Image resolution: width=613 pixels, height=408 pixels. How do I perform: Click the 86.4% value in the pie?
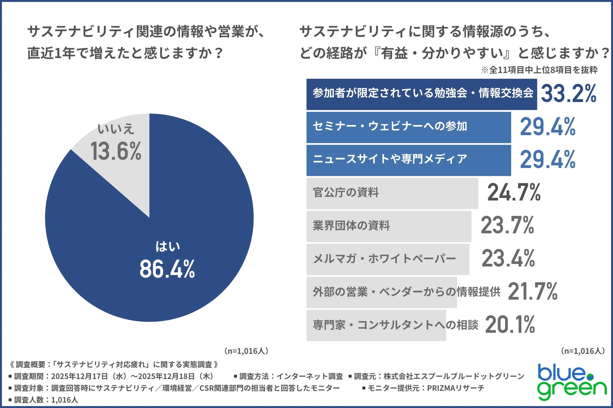click(167, 269)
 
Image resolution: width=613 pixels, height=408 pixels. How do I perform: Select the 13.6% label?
click(116, 151)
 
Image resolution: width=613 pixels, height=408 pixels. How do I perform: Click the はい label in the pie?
click(168, 246)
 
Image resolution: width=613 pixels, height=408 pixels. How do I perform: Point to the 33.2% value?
click(568, 94)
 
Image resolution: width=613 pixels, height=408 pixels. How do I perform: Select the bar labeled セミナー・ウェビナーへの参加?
click(408, 127)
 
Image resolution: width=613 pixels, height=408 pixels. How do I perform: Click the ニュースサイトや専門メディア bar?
click(408, 160)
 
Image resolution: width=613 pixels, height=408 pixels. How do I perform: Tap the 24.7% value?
click(514, 193)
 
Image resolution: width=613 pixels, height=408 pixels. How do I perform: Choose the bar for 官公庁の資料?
click(392, 193)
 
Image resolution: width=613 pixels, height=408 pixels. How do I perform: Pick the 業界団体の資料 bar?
click(389, 226)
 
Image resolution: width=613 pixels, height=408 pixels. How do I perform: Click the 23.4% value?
click(508, 258)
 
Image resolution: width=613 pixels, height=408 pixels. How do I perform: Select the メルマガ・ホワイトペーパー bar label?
click(384, 259)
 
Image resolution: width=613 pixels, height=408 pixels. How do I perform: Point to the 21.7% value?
click(532, 291)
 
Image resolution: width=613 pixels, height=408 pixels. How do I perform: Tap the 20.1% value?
click(510, 325)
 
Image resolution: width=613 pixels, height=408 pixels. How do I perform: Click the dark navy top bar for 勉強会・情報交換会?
click(421, 94)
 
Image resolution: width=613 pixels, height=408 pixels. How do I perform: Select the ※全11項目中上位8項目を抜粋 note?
click(539, 70)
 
